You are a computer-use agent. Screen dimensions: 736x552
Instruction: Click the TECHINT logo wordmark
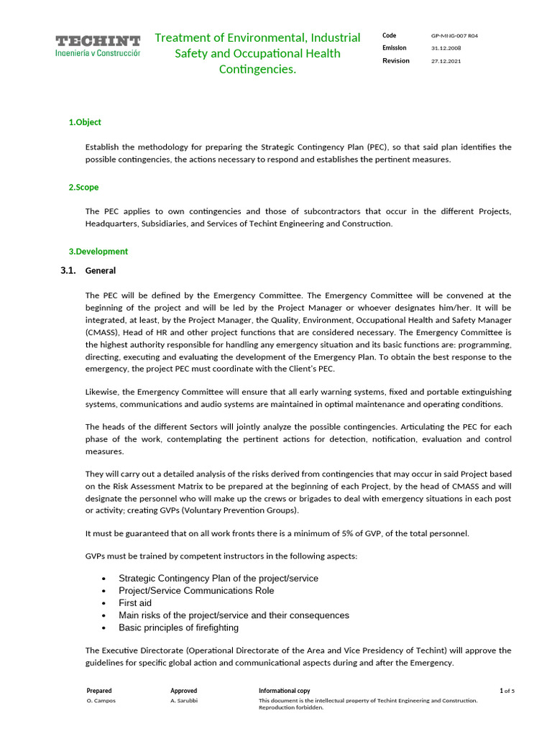[x=98, y=40]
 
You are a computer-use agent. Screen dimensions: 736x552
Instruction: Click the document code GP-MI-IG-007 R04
[x=455, y=35]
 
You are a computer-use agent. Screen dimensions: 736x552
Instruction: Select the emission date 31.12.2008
[x=446, y=48]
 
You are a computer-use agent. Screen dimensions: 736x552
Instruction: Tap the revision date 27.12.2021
[x=446, y=61]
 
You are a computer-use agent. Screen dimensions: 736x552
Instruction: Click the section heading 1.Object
[x=85, y=122]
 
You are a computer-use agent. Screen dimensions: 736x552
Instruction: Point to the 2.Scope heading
[x=83, y=187]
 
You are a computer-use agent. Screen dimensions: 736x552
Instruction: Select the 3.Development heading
[x=98, y=252]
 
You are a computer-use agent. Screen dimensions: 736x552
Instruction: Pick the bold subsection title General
[x=101, y=271]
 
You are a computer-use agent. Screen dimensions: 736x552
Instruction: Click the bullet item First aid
[x=135, y=603]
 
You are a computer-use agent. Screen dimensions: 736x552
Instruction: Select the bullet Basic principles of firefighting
[x=178, y=627]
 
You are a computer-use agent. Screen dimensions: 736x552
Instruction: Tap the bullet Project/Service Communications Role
[x=196, y=591]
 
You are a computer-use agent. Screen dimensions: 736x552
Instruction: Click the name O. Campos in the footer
[x=101, y=700]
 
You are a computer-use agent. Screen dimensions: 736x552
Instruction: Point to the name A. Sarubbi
[x=183, y=700]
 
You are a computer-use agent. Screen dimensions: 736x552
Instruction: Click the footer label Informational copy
[x=285, y=691]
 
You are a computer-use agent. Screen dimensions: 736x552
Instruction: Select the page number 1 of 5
[x=507, y=691]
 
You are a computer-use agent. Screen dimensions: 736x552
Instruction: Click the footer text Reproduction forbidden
[x=291, y=708]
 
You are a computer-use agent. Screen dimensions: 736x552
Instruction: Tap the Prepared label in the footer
[x=99, y=691]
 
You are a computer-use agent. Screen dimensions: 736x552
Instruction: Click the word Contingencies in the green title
[x=257, y=69]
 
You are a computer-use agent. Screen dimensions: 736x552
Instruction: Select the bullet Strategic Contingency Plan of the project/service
[x=218, y=579]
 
